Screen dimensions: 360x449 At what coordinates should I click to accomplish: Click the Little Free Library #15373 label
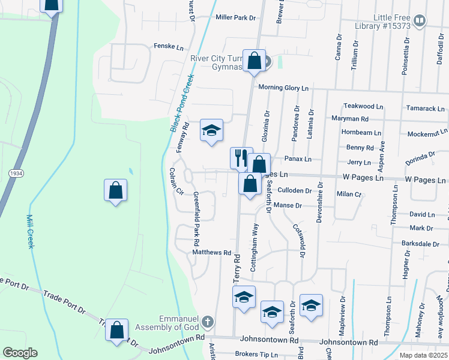(392, 22)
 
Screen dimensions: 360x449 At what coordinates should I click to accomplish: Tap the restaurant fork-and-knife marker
(241, 158)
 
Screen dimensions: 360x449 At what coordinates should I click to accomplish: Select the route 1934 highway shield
(15, 173)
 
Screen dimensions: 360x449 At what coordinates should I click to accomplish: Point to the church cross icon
(208, 322)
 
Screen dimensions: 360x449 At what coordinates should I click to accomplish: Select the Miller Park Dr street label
(235, 18)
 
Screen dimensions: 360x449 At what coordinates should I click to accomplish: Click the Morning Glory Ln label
(283, 88)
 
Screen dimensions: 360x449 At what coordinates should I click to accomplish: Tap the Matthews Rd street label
(212, 253)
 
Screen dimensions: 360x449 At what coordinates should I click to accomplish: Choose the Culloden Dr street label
(295, 191)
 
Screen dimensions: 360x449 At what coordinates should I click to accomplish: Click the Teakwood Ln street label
(363, 106)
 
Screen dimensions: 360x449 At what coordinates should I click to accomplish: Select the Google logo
(20, 353)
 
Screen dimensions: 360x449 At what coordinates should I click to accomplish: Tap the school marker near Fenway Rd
(211, 131)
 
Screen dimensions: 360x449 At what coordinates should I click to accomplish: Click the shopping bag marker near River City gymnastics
(254, 61)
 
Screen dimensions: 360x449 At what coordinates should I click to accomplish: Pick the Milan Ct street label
(348, 194)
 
